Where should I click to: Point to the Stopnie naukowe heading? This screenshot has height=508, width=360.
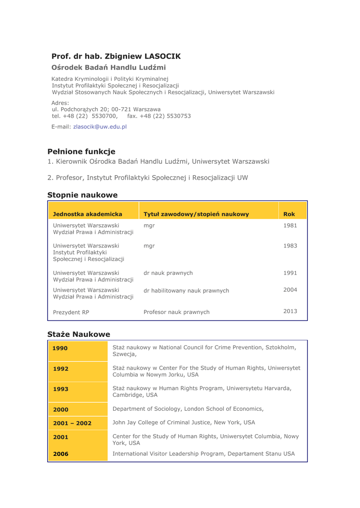[82, 195]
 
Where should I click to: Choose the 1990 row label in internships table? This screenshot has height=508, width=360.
[61, 349]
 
